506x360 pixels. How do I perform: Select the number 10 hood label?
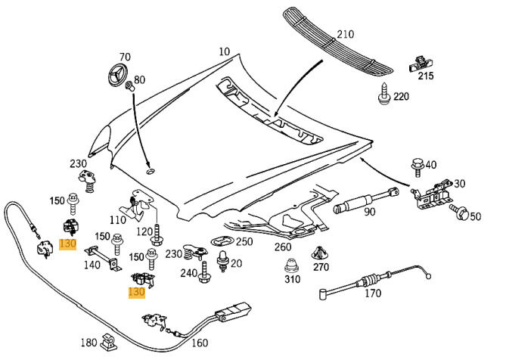pos(225,51)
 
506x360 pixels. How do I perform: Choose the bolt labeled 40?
pos(417,165)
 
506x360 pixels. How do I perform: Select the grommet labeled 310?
pos(290,266)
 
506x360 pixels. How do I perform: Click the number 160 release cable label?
pos(199,343)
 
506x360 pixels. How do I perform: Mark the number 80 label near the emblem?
pos(139,79)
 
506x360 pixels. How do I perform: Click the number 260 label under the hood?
pos(282,247)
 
